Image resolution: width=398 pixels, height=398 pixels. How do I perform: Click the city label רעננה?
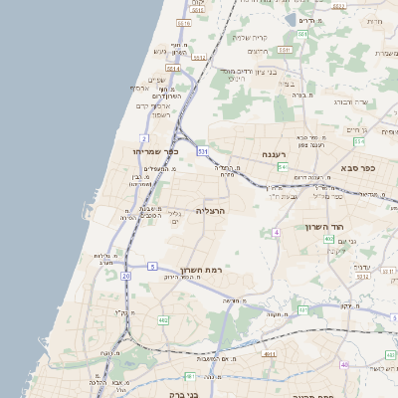coord(275,155)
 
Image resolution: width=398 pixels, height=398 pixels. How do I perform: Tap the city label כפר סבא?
coord(355,169)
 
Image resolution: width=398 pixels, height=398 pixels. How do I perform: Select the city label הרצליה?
coord(212,211)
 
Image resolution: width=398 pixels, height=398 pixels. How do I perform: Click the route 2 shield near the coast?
coord(145,138)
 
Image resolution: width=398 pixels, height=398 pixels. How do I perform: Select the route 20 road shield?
coord(125,275)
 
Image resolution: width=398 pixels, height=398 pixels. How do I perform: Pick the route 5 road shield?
coord(152,266)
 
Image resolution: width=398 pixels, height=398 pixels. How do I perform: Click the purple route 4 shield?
coord(276,232)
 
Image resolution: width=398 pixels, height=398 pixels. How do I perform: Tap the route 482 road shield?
coord(163,320)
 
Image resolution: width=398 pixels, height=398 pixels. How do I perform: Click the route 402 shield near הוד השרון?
coord(328,239)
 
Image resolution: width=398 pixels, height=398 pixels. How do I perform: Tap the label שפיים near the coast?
coord(155,79)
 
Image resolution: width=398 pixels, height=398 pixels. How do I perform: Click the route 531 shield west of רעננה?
coord(202,151)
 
